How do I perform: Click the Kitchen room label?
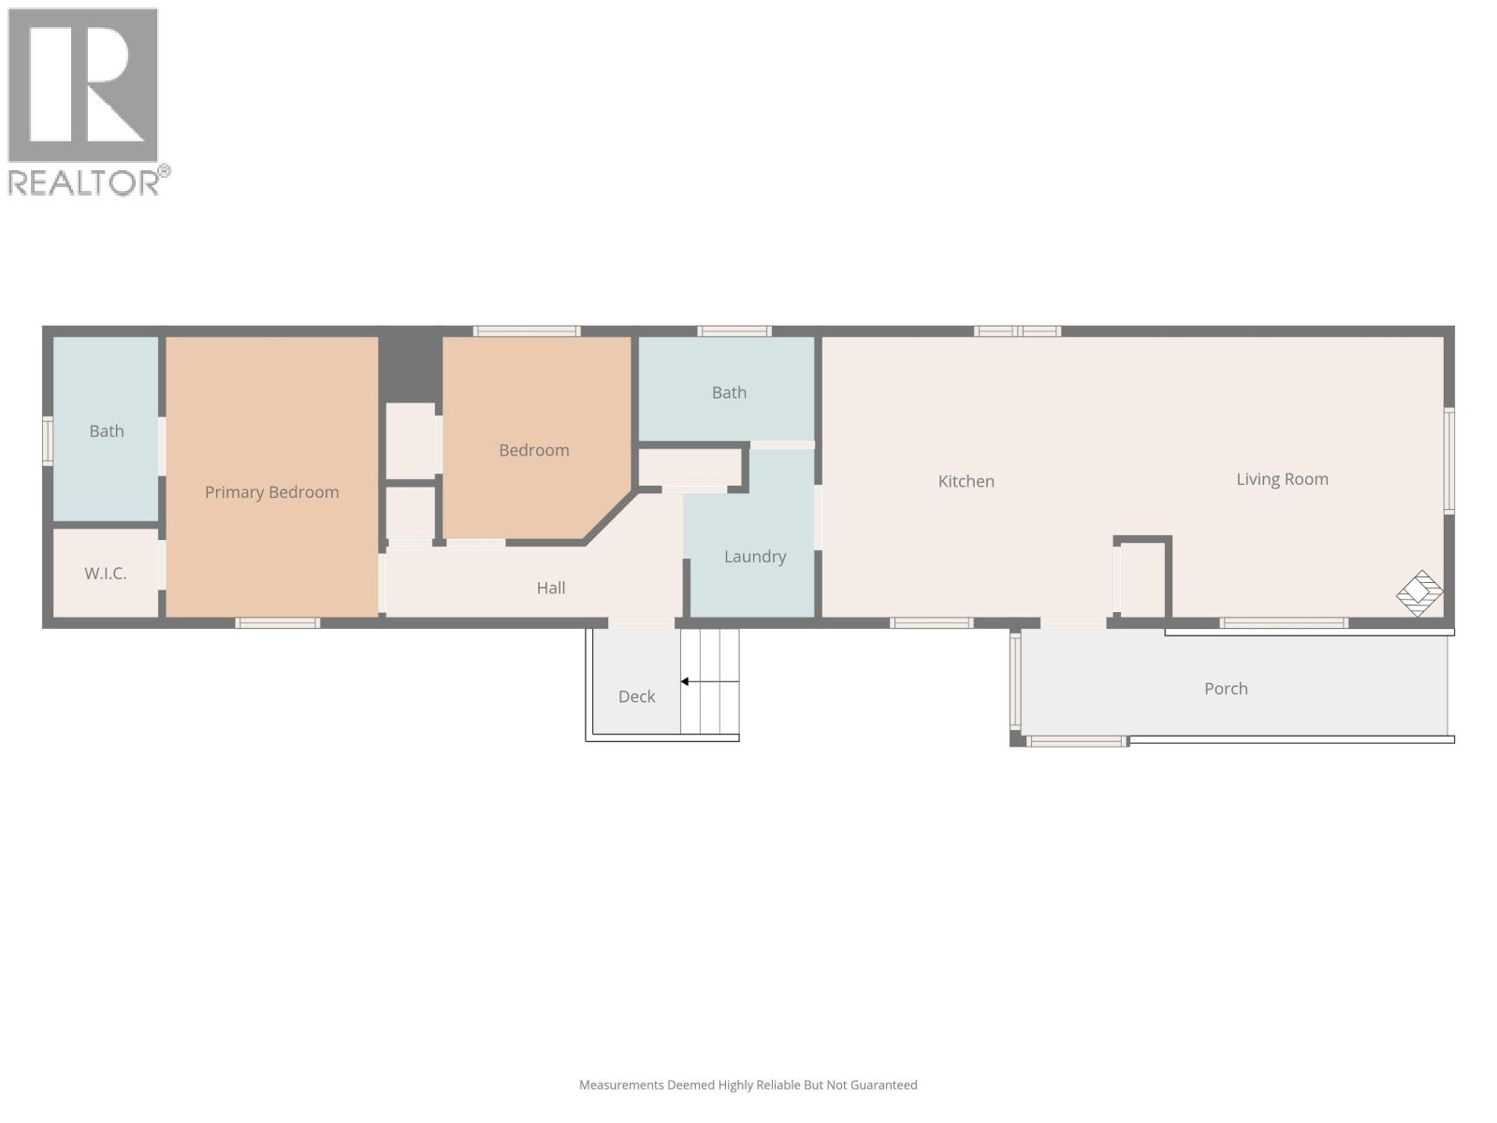tap(966, 481)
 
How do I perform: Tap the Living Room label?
tap(1282, 479)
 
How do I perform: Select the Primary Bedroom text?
tap(271, 492)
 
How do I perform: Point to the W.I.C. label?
tap(105, 574)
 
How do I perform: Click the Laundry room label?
tap(754, 557)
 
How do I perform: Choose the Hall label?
tap(550, 588)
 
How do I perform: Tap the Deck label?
tap(636, 696)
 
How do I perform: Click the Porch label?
tap(1226, 689)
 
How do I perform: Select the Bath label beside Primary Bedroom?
tap(106, 431)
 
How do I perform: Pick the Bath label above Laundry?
tap(729, 393)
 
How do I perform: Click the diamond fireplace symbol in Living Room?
tap(1419, 593)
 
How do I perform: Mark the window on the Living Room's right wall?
tap(1449, 460)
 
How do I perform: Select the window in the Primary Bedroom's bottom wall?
tap(278, 623)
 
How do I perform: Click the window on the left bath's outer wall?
tap(48, 441)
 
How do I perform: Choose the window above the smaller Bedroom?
tap(527, 331)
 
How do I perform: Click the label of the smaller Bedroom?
tap(533, 450)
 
